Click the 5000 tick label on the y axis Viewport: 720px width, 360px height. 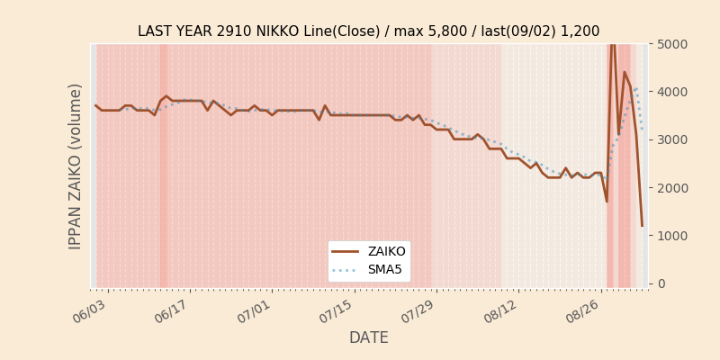pos(671,44)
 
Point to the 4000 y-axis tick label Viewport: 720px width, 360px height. pos(671,92)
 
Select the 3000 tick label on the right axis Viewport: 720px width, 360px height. pos(671,139)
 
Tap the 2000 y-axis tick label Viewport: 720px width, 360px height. pos(671,188)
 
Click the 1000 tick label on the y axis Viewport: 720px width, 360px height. pos(671,236)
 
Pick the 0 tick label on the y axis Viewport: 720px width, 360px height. pos(661,283)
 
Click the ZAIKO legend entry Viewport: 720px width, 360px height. pos(369,252)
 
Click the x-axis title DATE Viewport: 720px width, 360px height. pos(369,337)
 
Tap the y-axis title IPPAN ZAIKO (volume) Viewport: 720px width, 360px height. pos(75,166)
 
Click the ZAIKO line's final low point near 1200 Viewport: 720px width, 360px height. pos(642,226)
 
